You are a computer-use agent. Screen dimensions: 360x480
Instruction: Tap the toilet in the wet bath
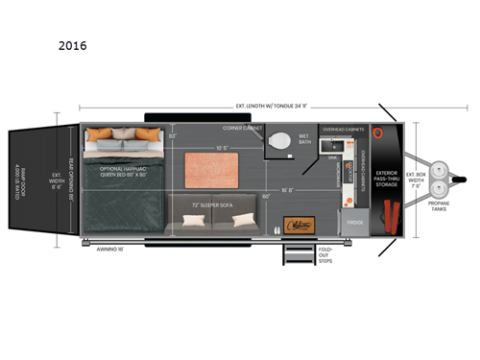[280, 142]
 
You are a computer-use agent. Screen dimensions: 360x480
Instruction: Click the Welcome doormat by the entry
[299, 225]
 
